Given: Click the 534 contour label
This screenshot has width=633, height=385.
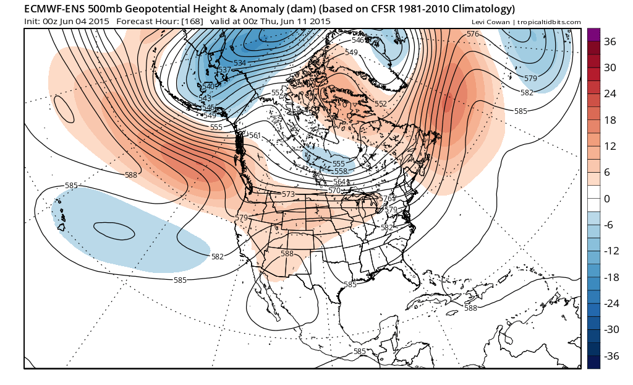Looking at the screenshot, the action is click(x=240, y=63).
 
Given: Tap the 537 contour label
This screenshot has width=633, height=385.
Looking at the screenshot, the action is click(x=224, y=69).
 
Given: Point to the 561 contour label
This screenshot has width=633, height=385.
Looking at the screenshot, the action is click(x=255, y=136).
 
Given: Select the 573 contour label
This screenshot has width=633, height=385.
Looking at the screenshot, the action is click(x=288, y=194).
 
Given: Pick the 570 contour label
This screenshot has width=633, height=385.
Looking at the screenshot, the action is click(x=334, y=190).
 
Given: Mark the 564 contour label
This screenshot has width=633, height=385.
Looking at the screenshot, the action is click(x=339, y=181).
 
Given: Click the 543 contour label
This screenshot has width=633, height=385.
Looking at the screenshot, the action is click(x=205, y=98).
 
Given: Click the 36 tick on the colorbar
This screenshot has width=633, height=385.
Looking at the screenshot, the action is click(x=610, y=41).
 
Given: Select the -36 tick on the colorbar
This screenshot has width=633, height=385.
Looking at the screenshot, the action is click(x=611, y=356).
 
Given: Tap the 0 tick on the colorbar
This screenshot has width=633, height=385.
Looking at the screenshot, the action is click(x=607, y=199).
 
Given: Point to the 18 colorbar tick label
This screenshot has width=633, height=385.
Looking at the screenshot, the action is click(x=610, y=119).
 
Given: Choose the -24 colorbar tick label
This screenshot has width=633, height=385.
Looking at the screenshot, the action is click(x=611, y=303).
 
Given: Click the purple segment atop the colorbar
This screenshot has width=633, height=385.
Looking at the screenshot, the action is click(x=593, y=35).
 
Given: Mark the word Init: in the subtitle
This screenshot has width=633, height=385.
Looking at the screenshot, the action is click(x=32, y=21).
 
